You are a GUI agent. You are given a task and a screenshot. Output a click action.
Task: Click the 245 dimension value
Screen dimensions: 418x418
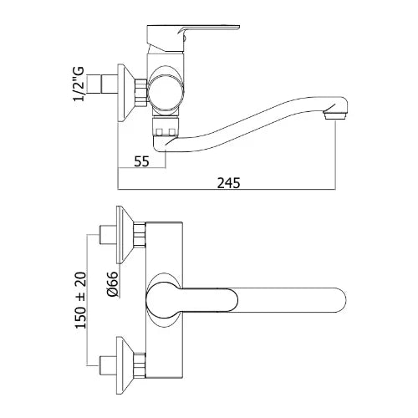pos(228,183)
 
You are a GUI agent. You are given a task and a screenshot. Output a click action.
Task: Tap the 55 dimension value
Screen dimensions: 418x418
pos(141,161)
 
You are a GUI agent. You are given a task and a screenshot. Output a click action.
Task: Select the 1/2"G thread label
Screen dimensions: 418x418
pos(79,84)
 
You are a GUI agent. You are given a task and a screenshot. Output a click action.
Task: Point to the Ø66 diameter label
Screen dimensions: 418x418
pos(112,283)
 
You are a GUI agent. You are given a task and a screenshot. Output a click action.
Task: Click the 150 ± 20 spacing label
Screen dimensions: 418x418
pos(81,300)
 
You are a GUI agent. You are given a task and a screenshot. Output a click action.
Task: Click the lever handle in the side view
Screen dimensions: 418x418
pos(192,38)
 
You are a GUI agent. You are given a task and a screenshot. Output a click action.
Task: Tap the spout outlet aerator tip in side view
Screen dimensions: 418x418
pos(335,115)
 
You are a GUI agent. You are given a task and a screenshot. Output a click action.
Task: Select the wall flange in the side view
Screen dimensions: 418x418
pos(125,93)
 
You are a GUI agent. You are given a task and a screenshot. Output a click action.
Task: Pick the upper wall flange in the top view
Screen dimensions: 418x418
pos(125,234)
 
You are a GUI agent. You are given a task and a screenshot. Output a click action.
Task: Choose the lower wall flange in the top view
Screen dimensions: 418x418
pos(125,365)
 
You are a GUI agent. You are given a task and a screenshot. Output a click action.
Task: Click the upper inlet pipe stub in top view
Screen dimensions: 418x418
pos(108,235)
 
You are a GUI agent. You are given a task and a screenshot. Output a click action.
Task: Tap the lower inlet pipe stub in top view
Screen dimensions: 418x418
pos(108,365)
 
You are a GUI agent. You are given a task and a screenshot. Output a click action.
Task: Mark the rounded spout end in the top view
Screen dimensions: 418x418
pos(339,300)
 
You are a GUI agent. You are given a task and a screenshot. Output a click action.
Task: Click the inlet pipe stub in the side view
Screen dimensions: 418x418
pos(110,84)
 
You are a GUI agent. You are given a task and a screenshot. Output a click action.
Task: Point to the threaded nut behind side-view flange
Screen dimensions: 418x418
pos(140,93)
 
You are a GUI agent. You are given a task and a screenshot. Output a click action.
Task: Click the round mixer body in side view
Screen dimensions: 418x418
pos(166,89)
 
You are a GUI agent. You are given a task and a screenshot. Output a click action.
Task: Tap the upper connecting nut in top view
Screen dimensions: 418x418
pos(140,234)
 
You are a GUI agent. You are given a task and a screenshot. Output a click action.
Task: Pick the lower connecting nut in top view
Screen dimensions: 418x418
pos(140,365)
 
